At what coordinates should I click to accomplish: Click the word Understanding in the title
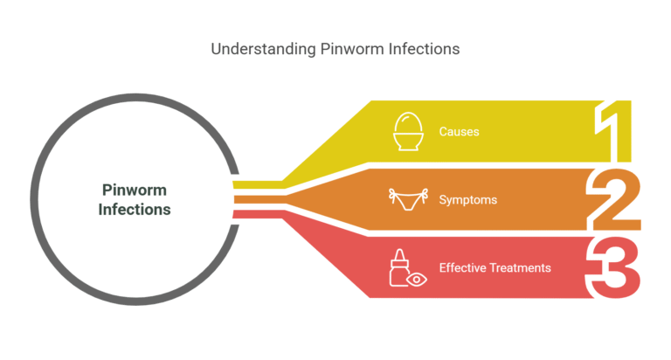[x=263, y=49]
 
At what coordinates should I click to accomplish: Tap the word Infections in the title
[x=424, y=49]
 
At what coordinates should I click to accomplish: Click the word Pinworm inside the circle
[x=135, y=190]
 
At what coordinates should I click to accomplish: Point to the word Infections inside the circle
[x=135, y=210]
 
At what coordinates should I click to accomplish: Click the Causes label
[x=459, y=131]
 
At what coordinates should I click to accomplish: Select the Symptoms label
[x=467, y=200]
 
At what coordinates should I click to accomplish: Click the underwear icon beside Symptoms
[x=408, y=199]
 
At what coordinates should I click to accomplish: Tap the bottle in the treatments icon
[x=398, y=268]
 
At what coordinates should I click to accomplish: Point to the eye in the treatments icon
[x=417, y=280]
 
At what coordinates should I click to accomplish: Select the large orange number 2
[x=614, y=199]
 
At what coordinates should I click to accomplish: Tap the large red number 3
[x=613, y=267]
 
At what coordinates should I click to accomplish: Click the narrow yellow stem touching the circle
[x=258, y=185]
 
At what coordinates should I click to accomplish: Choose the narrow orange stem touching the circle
[x=259, y=199]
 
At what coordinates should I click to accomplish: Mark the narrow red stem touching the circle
[x=258, y=214]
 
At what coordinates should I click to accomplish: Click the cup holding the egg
[x=408, y=142]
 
